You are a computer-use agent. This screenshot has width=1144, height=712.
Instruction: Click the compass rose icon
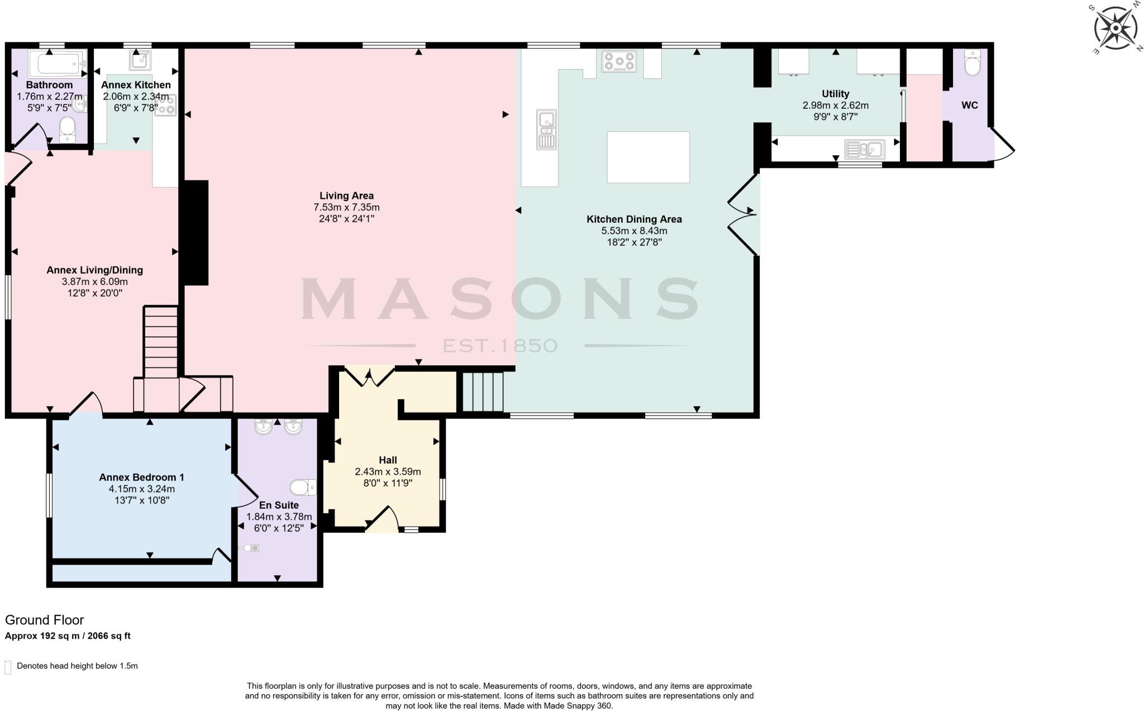pyautogui.click(x=1115, y=28)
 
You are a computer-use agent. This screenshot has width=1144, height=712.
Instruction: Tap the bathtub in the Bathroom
pyautogui.click(x=56, y=64)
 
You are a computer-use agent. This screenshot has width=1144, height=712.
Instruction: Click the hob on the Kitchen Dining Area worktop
pyautogui.click(x=619, y=61)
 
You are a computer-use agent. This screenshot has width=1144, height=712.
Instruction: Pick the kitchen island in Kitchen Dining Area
pyautogui.click(x=648, y=157)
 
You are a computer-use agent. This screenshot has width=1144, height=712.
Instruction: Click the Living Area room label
pyautogui.click(x=346, y=195)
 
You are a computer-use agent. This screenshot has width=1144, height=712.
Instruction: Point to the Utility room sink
pyautogui.click(x=865, y=149)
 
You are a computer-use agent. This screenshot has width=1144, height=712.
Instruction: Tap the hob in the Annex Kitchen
pyautogui.click(x=166, y=105)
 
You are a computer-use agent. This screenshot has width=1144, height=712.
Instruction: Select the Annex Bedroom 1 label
pyautogui.click(x=141, y=477)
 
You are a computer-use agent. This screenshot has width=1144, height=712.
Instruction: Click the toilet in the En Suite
pyautogui.click(x=303, y=487)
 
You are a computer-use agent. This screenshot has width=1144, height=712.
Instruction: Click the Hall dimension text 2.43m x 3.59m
pyautogui.click(x=388, y=471)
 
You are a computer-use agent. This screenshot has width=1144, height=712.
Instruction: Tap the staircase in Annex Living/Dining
pyautogui.click(x=161, y=341)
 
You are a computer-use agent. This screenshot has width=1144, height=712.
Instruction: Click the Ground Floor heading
pyautogui.click(x=45, y=620)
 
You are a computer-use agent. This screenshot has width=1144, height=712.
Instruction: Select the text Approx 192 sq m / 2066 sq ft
pyautogui.click(x=68, y=635)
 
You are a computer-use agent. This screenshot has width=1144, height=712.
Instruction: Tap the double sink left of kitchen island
pyautogui.click(x=546, y=130)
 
